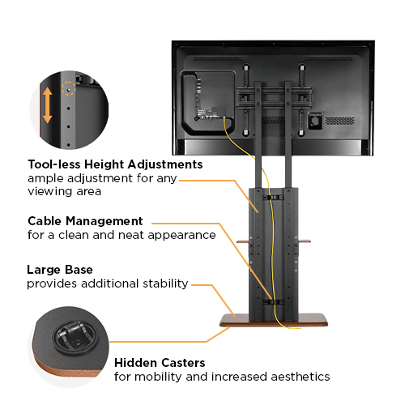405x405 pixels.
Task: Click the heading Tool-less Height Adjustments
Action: pyautogui.click(x=115, y=164)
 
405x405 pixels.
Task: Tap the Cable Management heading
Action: pyautogui.click(x=85, y=221)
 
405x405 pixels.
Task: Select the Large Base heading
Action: pyautogui.click(x=60, y=270)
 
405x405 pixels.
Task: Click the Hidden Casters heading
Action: pyautogui.click(x=160, y=363)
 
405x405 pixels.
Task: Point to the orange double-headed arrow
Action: pyautogui.click(x=47, y=105)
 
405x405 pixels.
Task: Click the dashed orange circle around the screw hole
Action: pyautogui.click(x=69, y=88)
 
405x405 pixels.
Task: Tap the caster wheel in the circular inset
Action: pyautogui.click(x=75, y=335)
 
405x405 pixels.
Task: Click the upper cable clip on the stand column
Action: pyautogui.click(x=273, y=198)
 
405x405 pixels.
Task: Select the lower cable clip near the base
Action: pyautogui.click(x=273, y=301)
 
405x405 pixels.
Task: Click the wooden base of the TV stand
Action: pyautogui.click(x=274, y=321)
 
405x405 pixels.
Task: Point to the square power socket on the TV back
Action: pyautogui.click(x=315, y=121)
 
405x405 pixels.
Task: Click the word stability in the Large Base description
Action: pyautogui.click(x=165, y=283)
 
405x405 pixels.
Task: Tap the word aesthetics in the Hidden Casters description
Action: pyautogui.click(x=301, y=377)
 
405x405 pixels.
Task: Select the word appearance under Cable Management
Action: pyautogui.click(x=182, y=236)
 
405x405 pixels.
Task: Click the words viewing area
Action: pyautogui.click(x=65, y=191)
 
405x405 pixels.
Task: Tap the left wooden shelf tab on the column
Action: pyautogui.click(x=243, y=241)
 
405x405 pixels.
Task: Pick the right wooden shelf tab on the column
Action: pyautogui.click(x=305, y=241)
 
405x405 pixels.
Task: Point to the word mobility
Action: pyautogui.click(x=158, y=377)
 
